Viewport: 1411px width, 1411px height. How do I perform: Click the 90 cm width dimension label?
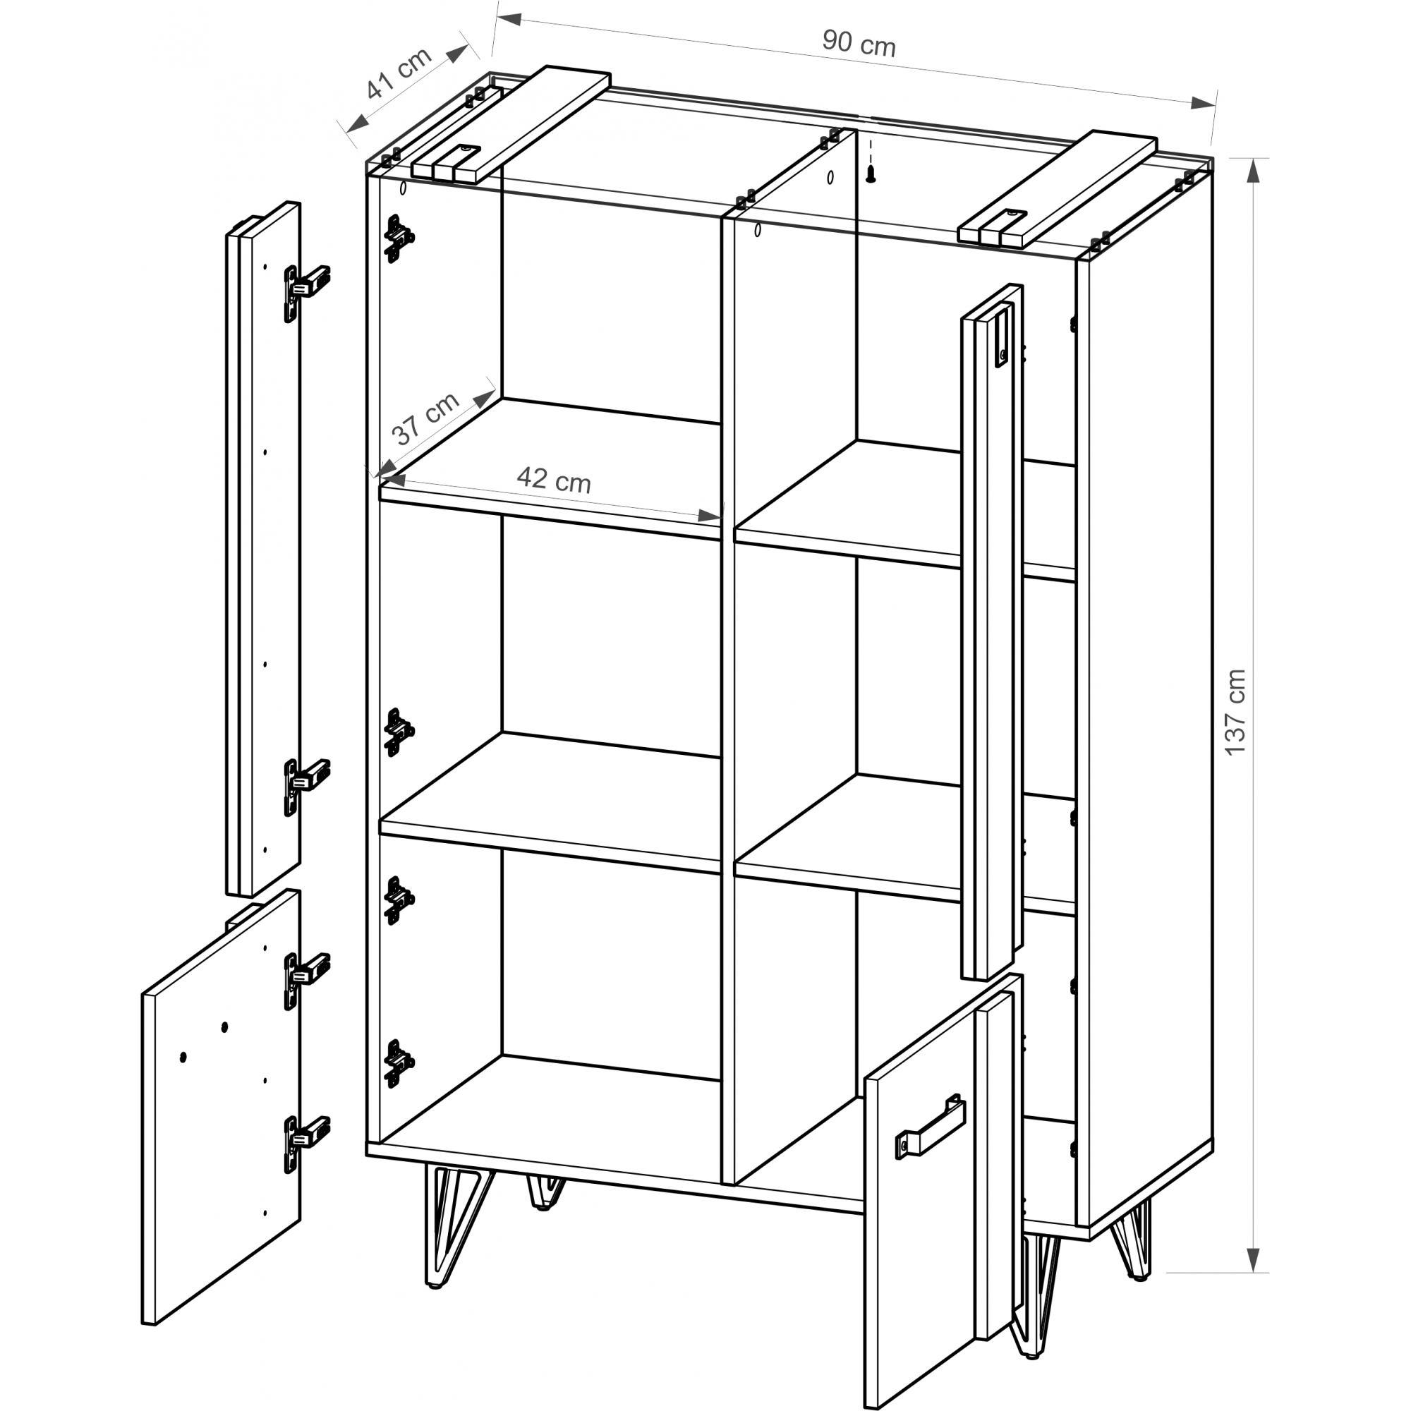pos(859,43)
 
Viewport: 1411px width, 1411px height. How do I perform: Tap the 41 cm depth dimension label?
pos(399,73)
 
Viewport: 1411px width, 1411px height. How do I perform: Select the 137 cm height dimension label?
pos(1234,712)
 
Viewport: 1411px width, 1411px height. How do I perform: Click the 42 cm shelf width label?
pos(554,480)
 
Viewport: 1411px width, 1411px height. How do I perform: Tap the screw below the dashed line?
pos(871,174)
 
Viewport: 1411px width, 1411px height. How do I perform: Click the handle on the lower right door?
pos(931,1128)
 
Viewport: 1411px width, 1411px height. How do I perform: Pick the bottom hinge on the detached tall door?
pos(306,786)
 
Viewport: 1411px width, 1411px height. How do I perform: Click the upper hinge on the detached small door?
pos(306,980)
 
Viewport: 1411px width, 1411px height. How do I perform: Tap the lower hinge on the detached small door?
pos(306,1144)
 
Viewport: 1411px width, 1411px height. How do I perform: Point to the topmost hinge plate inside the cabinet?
pos(399,238)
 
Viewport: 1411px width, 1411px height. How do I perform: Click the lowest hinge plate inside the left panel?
pos(399,1063)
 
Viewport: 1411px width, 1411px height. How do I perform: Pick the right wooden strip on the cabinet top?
pos(1058,190)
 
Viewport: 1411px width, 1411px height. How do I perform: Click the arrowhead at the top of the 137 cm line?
pos(1252,170)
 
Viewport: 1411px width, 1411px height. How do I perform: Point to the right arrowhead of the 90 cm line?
pos(1203,103)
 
